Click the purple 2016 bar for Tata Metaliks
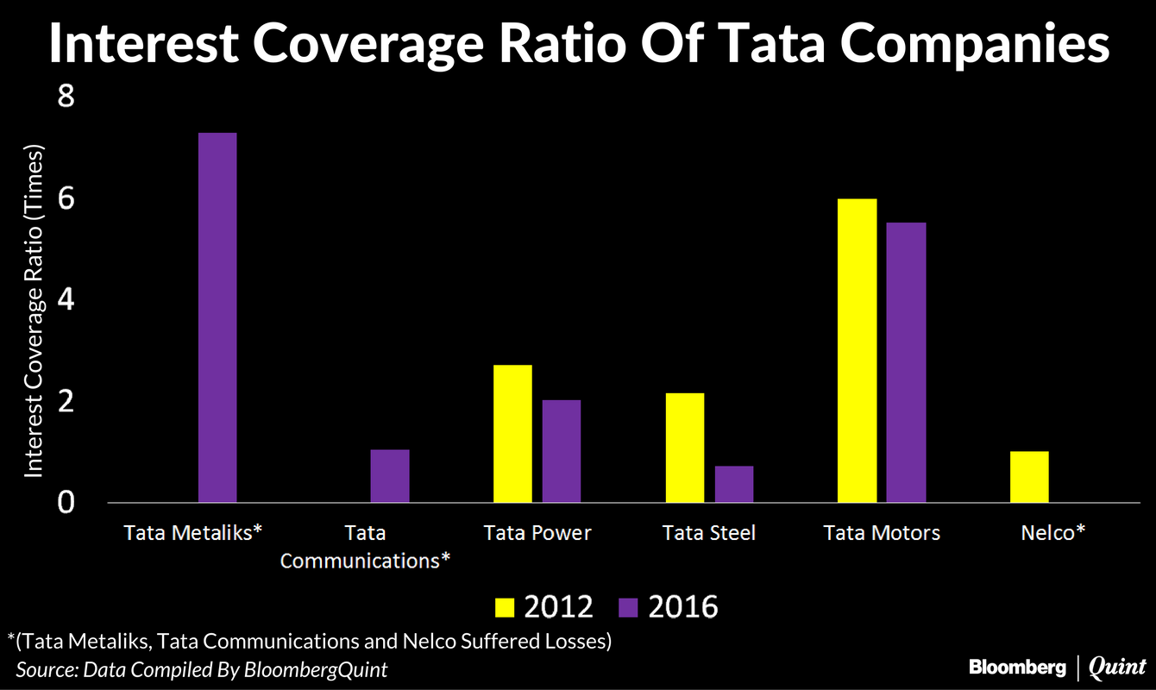pyautogui.click(x=217, y=317)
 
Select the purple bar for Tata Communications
pyautogui.click(x=390, y=476)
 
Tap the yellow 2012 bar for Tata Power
pyautogui.click(x=512, y=434)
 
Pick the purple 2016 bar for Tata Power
pyautogui.click(x=562, y=451)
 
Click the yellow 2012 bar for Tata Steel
pyautogui.click(x=685, y=448)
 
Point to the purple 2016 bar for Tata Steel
pyautogui.click(x=734, y=484)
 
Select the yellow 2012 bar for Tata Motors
pyautogui.click(x=857, y=350)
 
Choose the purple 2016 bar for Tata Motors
pyautogui.click(x=906, y=362)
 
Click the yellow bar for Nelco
pyautogui.click(x=1029, y=476)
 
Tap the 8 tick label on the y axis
pyautogui.click(x=66, y=97)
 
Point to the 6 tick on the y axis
pyautogui.click(x=66, y=198)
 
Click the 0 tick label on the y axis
pyautogui.click(x=66, y=502)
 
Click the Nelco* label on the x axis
pyautogui.click(x=1052, y=532)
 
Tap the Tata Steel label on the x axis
pyautogui.click(x=709, y=532)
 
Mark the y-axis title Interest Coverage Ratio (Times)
pyautogui.click(x=34, y=307)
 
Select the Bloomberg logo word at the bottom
pyautogui.click(x=1019, y=666)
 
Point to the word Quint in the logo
pyautogui.click(x=1117, y=666)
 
